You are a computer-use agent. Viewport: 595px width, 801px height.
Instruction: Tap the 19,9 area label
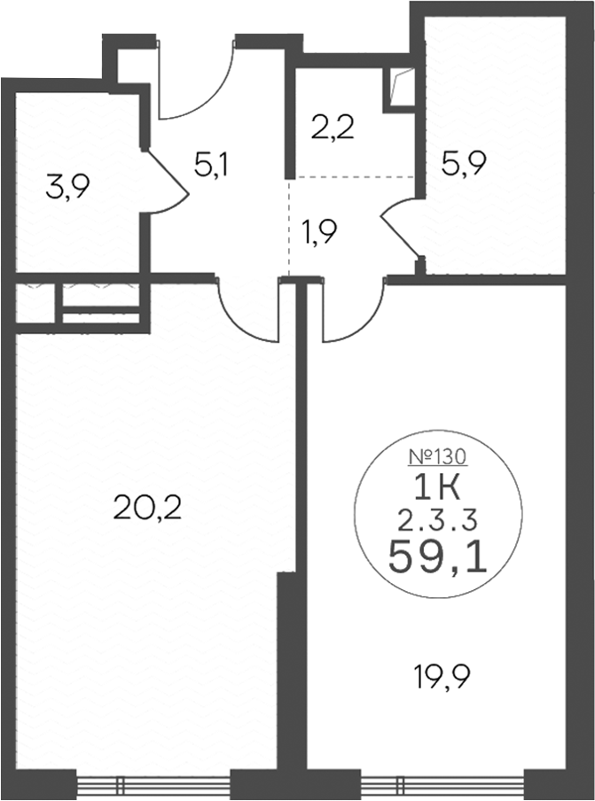(442, 678)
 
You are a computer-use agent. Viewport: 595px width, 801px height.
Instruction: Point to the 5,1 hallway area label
(213, 166)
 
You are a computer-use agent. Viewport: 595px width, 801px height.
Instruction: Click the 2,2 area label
(333, 128)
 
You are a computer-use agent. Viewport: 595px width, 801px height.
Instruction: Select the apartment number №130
(437, 456)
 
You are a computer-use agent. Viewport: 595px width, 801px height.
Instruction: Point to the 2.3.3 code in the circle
(437, 520)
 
